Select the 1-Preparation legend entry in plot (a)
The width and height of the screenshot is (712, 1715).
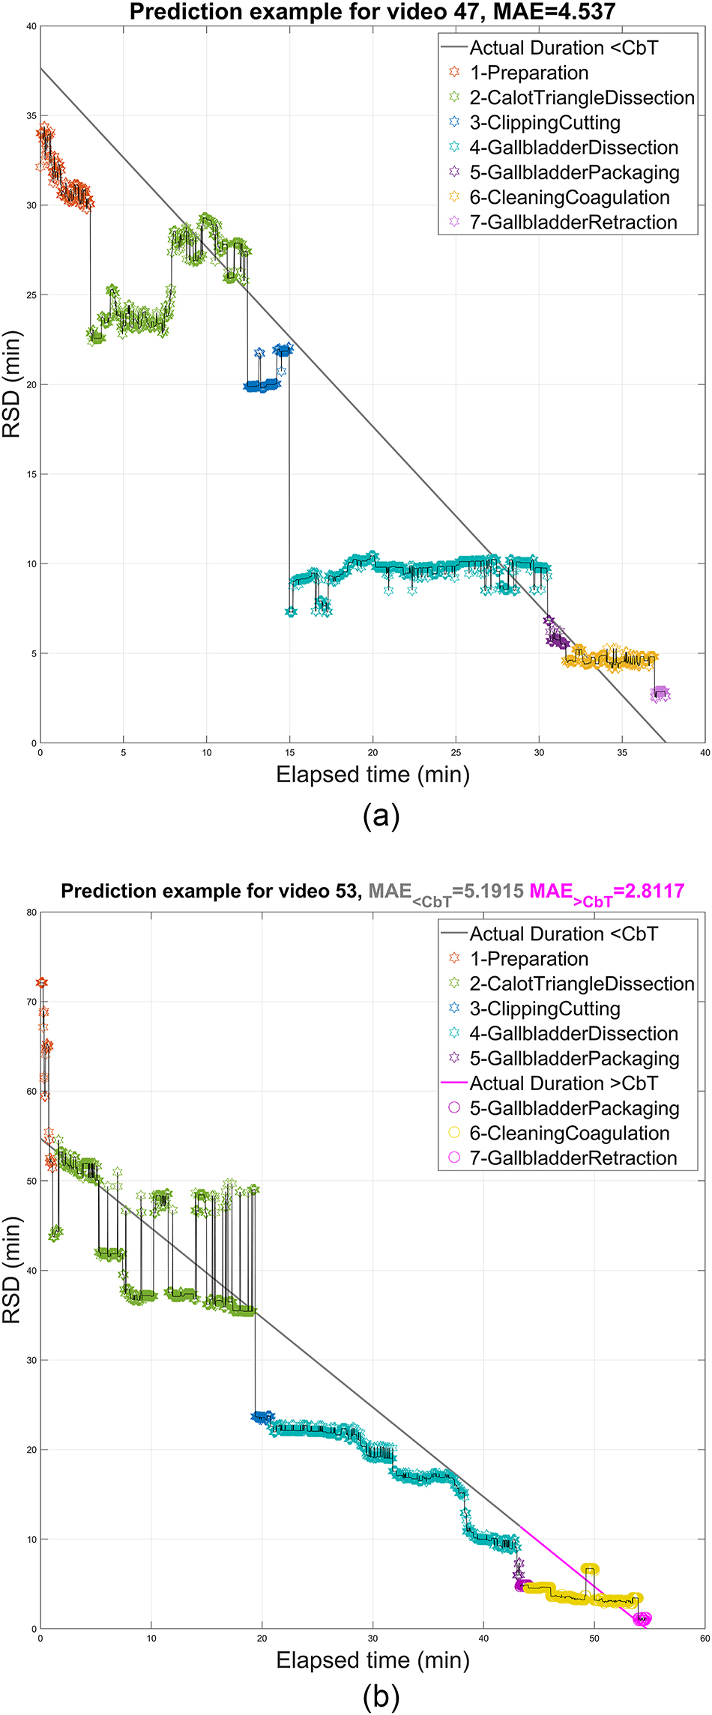click(x=528, y=73)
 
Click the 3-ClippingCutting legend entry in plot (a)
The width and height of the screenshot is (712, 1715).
click(x=544, y=123)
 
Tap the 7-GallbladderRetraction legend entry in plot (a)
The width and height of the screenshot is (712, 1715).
click(x=573, y=223)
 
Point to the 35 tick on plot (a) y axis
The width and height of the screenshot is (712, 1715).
click(x=31, y=116)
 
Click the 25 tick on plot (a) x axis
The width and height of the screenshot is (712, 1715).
click(x=456, y=752)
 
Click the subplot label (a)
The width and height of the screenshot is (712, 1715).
click(x=381, y=815)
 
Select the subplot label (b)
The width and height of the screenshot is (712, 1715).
click(x=381, y=1696)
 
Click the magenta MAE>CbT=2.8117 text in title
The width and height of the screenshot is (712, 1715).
click(x=606, y=892)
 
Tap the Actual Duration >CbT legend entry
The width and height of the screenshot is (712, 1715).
click(x=563, y=1083)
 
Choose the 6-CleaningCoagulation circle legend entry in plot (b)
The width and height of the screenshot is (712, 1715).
click(x=569, y=1133)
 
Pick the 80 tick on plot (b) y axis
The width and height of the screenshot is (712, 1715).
click(x=31, y=913)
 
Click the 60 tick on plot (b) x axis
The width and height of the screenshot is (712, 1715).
click(x=704, y=1639)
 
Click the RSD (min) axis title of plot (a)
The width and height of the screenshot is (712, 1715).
click(x=12, y=384)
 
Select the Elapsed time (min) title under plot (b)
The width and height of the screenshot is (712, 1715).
click(x=372, y=1660)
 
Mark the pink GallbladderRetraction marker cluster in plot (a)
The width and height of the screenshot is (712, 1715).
click(x=660, y=693)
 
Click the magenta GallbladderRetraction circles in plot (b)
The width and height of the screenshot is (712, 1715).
click(x=642, y=1619)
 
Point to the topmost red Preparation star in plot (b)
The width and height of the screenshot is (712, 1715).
click(x=42, y=982)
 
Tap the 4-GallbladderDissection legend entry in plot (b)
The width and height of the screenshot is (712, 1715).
click(x=573, y=1034)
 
